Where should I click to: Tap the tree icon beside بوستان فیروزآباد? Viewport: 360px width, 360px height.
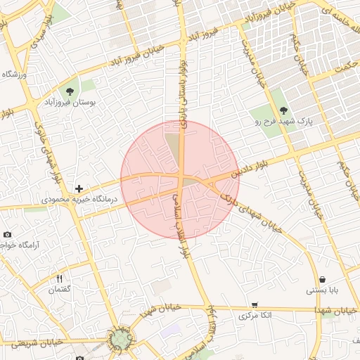[x=70, y=91]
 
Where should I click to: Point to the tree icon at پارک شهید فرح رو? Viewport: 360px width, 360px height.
[x=283, y=110]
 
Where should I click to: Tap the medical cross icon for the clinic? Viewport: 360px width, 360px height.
[x=79, y=188]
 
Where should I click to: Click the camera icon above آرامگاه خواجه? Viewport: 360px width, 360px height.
[x=7, y=234]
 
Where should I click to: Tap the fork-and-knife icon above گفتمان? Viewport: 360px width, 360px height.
[x=59, y=279]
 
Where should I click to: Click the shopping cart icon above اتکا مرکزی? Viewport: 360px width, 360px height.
[x=254, y=305]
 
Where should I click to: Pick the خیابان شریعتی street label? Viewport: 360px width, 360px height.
[x=32, y=341]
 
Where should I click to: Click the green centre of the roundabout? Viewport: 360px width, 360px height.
[x=119, y=339]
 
